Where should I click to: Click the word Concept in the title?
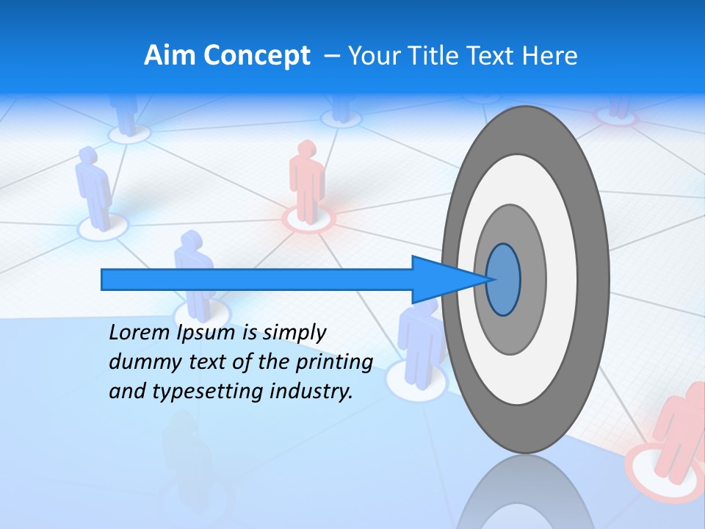tap(257, 57)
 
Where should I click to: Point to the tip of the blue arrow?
tap(491, 279)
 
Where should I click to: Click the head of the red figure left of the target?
tap(304, 151)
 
